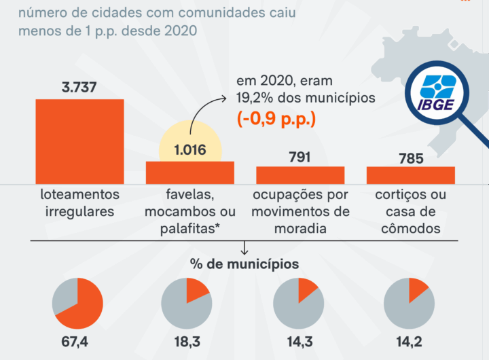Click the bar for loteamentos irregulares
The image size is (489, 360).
coord(79,141)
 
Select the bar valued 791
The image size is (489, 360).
coord(300,175)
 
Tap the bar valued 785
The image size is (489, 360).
coord(410,175)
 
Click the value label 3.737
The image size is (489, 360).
coord(79,88)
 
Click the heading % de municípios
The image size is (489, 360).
coord(244,263)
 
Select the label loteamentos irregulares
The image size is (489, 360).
coord(79,202)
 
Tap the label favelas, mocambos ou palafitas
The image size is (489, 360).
coord(190,211)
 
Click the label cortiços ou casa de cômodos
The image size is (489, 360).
coord(410,211)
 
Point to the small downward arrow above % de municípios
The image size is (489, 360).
coord(244,249)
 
